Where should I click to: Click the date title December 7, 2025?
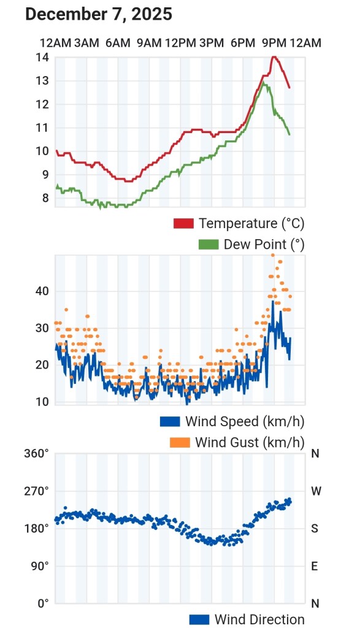[99, 15]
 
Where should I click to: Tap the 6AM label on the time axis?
[118, 43]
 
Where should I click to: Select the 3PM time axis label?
[212, 43]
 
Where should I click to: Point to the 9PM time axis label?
[274, 43]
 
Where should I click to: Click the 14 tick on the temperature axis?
[42, 57]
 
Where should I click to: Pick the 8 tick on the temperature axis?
[45, 198]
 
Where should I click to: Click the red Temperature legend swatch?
[183, 223]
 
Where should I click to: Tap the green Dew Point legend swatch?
[209, 244]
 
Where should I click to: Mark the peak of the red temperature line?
[274, 56]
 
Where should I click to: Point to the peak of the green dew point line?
[263, 83]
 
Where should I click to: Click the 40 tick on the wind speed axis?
[42, 291]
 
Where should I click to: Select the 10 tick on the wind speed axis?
[42, 402]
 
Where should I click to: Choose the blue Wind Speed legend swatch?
[170, 421]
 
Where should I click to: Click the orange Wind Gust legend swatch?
[180, 442]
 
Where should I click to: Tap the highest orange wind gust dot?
[273, 255]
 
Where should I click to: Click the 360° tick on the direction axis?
[36, 454]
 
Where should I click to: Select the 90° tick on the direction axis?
[40, 566]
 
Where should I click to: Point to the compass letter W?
[316, 491]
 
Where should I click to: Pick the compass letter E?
[315, 566]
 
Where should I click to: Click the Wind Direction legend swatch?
[199, 619]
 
